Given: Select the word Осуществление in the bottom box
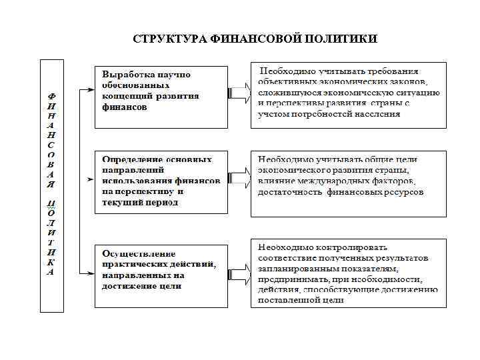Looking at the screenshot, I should click(x=139, y=254).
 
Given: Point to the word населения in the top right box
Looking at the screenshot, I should click(x=372, y=113).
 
